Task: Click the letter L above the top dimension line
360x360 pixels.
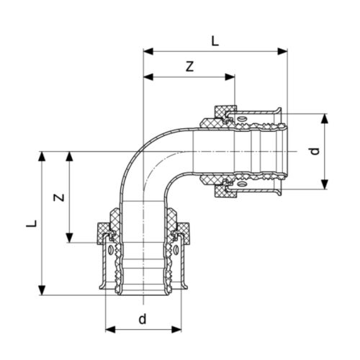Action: (215, 41)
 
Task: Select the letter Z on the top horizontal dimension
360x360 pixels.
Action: (189, 66)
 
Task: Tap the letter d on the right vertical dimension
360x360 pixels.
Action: (312, 151)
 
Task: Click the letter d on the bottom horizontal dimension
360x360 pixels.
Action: (143, 318)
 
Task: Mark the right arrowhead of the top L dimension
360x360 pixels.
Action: (283, 51)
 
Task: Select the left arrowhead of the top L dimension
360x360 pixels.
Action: (148, 51)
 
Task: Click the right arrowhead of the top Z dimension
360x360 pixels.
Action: (231, 76)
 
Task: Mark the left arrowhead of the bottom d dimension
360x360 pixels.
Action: (110, 330)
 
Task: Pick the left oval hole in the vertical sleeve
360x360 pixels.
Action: (109, 251)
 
